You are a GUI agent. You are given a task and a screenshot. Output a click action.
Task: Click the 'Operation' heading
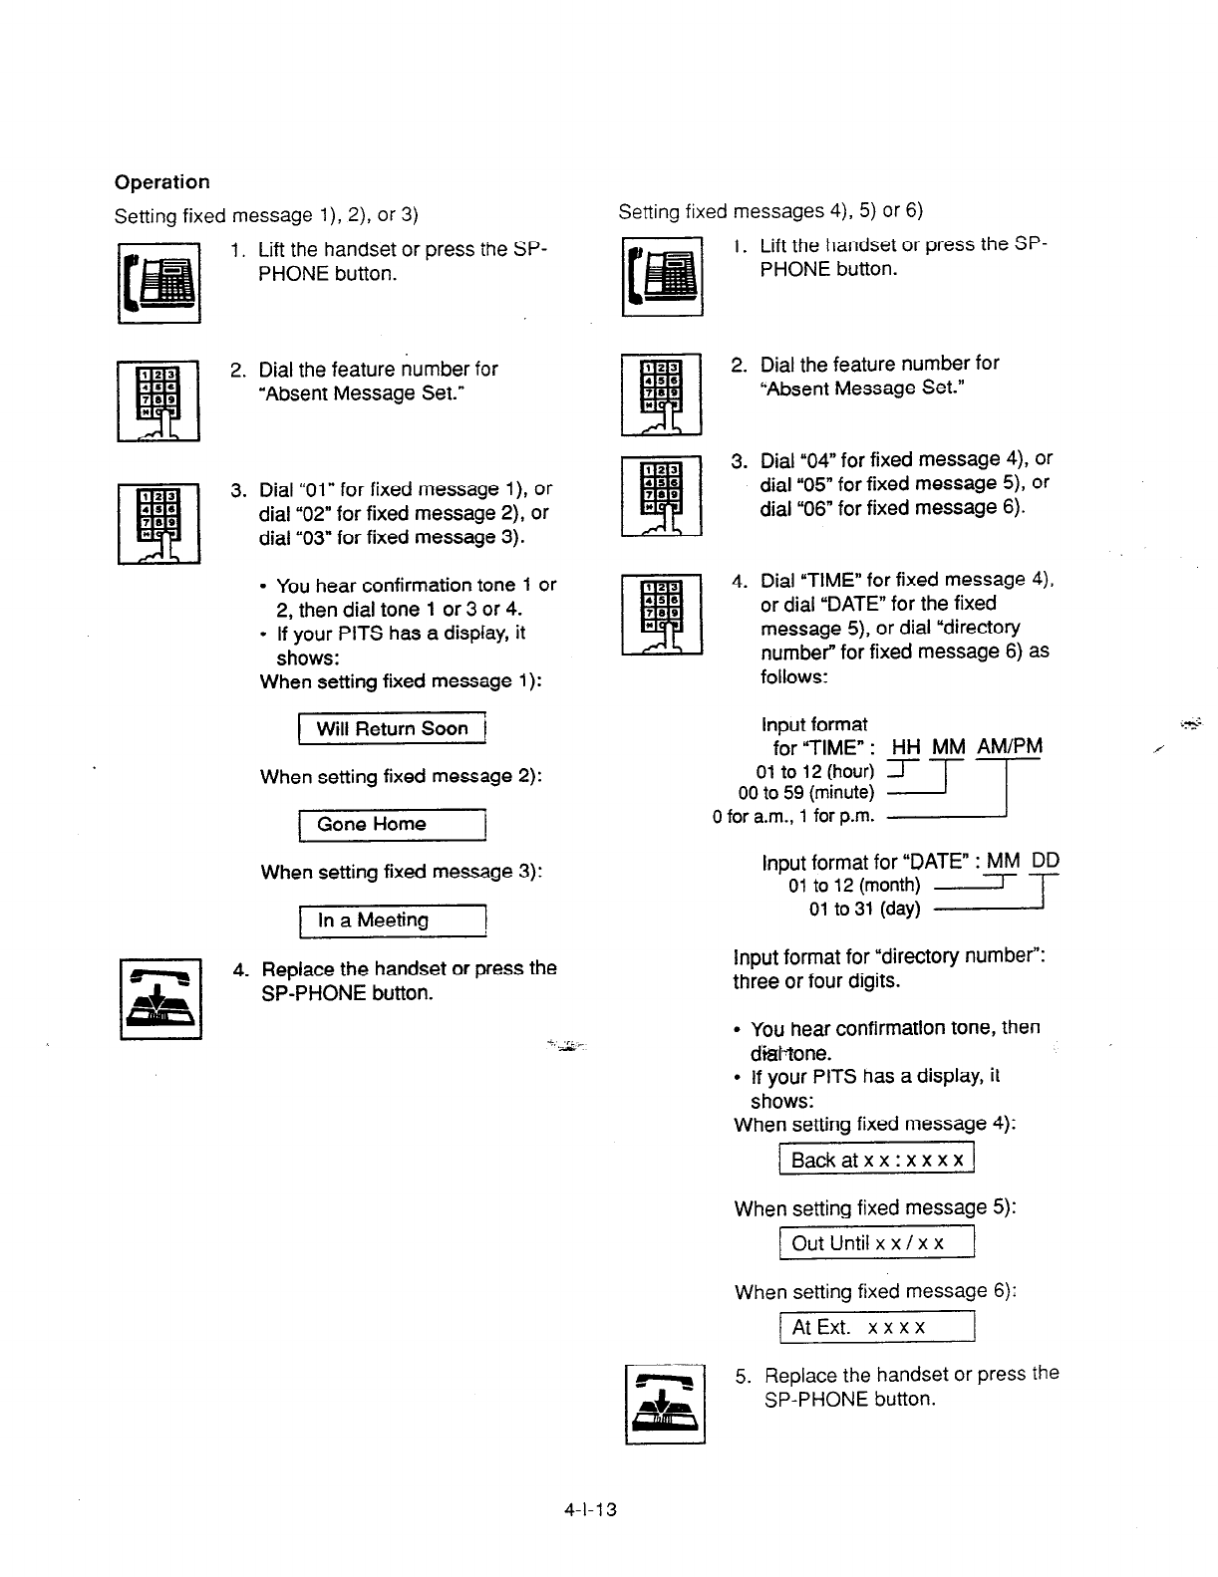point(161,182)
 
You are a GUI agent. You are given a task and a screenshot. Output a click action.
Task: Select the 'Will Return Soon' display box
point(391,729)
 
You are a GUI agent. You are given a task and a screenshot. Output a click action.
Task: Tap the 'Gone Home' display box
point(391,825)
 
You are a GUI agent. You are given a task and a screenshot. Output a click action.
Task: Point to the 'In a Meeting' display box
point(391,920)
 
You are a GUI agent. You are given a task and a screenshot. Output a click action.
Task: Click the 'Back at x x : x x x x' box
point(876,1160)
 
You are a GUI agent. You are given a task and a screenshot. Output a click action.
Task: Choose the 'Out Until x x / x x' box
point(876,1243)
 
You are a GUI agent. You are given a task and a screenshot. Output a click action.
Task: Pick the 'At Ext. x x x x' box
point(876,1328)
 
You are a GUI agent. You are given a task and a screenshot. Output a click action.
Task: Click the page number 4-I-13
point(589,1509)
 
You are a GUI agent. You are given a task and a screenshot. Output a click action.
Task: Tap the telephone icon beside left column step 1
point(159,283)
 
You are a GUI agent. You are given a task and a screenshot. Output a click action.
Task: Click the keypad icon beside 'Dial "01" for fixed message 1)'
point(159,523)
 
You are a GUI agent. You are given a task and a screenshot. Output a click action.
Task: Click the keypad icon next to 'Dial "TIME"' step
point(662,615)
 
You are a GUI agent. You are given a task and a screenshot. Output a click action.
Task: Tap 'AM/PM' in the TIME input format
point(1010,747)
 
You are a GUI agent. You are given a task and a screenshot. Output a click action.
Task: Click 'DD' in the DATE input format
point(1046,861)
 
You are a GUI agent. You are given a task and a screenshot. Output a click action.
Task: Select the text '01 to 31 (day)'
point(864,909)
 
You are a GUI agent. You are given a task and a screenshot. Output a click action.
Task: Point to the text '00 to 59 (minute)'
point(806,793)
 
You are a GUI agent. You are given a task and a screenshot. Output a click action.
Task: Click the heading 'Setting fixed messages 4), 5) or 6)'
point(770,211)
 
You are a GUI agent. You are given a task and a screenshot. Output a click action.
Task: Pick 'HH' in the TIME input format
point(906,747)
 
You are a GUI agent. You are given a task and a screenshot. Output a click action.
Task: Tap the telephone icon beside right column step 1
point(663,276)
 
